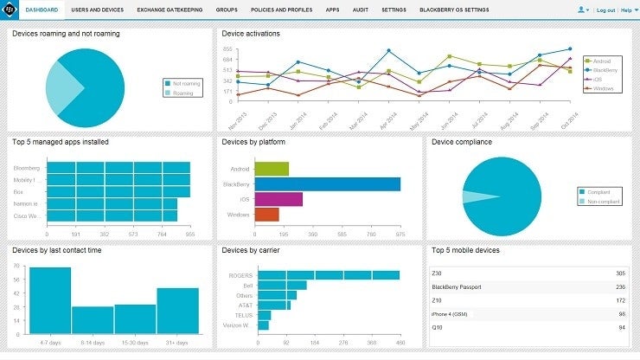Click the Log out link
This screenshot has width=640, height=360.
point(605,10)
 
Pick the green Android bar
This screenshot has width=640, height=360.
point(272,169)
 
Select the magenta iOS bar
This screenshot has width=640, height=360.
point(278,199)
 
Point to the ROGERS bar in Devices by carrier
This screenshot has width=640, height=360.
point(329,275)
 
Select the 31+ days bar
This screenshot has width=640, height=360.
point(178,310)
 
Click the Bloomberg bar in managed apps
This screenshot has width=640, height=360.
point(118,167)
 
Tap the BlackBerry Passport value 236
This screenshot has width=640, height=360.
point(620,286)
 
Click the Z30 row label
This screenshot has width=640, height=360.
point(438,273)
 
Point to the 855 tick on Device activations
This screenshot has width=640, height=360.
point(227,49)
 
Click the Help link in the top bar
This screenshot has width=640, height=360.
point(626,10)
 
